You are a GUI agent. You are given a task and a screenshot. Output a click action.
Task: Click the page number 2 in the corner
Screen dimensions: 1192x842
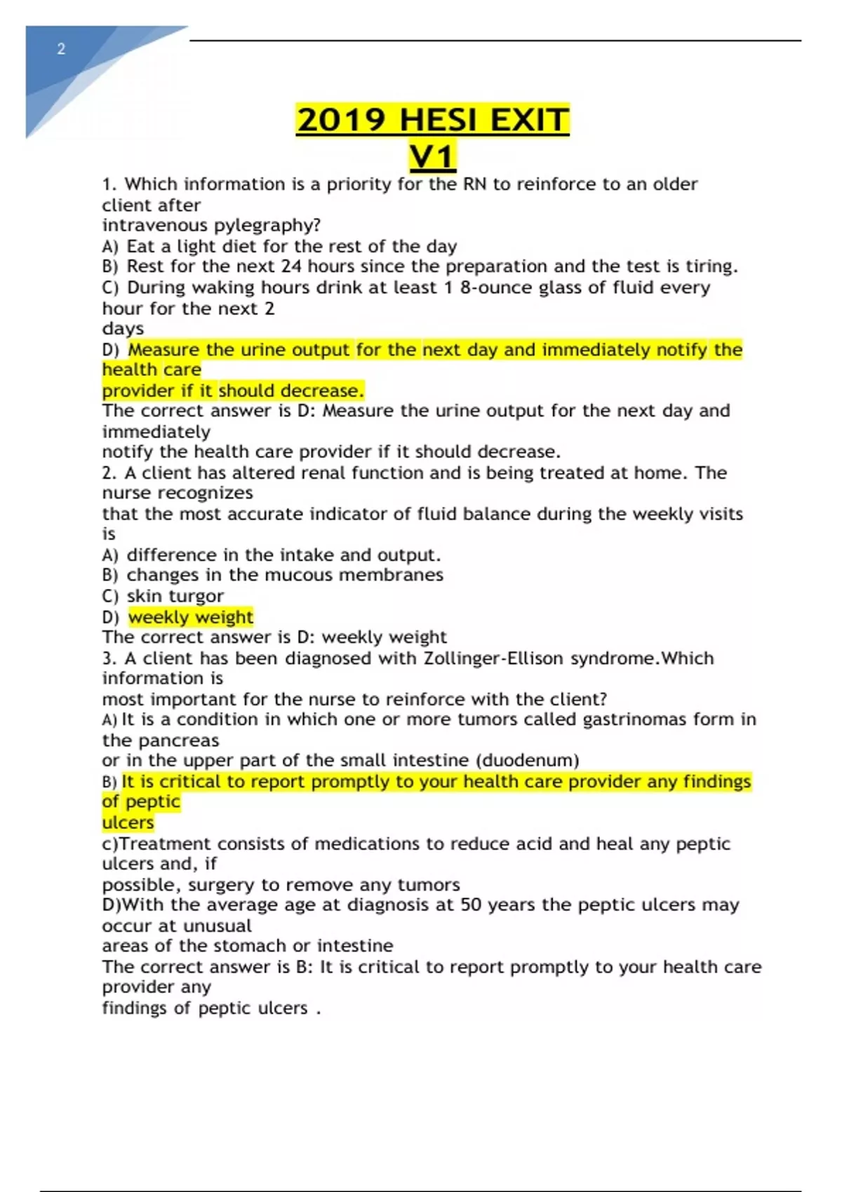pos(62,49)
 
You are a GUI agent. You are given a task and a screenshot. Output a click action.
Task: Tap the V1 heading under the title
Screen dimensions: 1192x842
pos(432,156)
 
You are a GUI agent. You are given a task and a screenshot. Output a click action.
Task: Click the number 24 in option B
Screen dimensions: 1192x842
pos(291,266)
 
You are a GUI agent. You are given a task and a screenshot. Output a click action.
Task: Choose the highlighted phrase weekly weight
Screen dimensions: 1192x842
pos(190,617)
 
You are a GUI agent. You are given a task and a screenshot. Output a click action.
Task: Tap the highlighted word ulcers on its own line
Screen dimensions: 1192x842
pos(128,822)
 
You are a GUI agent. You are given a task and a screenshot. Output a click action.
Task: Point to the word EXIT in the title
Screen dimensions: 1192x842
pos(529,120)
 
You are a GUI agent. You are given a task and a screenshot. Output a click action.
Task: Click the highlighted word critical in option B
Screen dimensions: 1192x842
pos(189,781)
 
